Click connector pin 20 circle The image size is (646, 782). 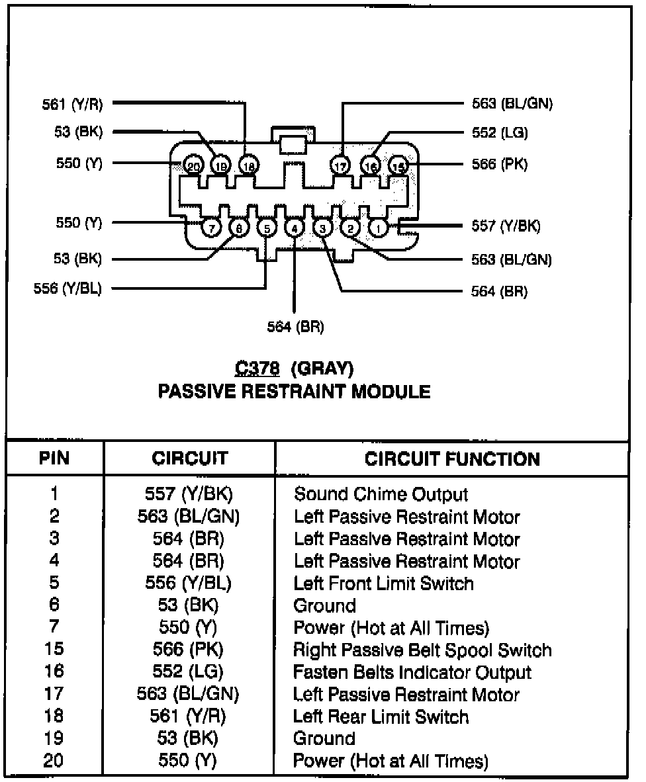click(x=193, y=165)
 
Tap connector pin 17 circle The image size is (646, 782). click(x=341, y=165)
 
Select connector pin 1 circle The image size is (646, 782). click(x=378, y=228)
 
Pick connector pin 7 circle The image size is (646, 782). click(x=211, y=228)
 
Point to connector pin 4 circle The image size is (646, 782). click(x=294, y=228)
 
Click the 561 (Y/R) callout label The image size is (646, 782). click(x=72, y=104)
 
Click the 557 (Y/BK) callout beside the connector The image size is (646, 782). click(x=506, y=226)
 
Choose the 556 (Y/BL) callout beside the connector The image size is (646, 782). click(x=68, y=288)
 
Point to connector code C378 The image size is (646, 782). click(x=257, y=367)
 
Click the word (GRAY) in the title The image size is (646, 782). click(x=322, y=367)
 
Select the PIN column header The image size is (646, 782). click(x=55, y=458)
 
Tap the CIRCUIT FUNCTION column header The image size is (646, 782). click(x=452, y=458)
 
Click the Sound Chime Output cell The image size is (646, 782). click(x=381, y=494)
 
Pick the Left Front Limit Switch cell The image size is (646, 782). click(x=384, y=584)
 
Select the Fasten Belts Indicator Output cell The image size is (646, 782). click(x=412, y=672)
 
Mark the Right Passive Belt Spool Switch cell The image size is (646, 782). click(x=422, y=650)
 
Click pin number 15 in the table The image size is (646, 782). click(x=54, y=650)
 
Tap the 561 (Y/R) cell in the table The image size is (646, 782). click(x=188, y=717)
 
